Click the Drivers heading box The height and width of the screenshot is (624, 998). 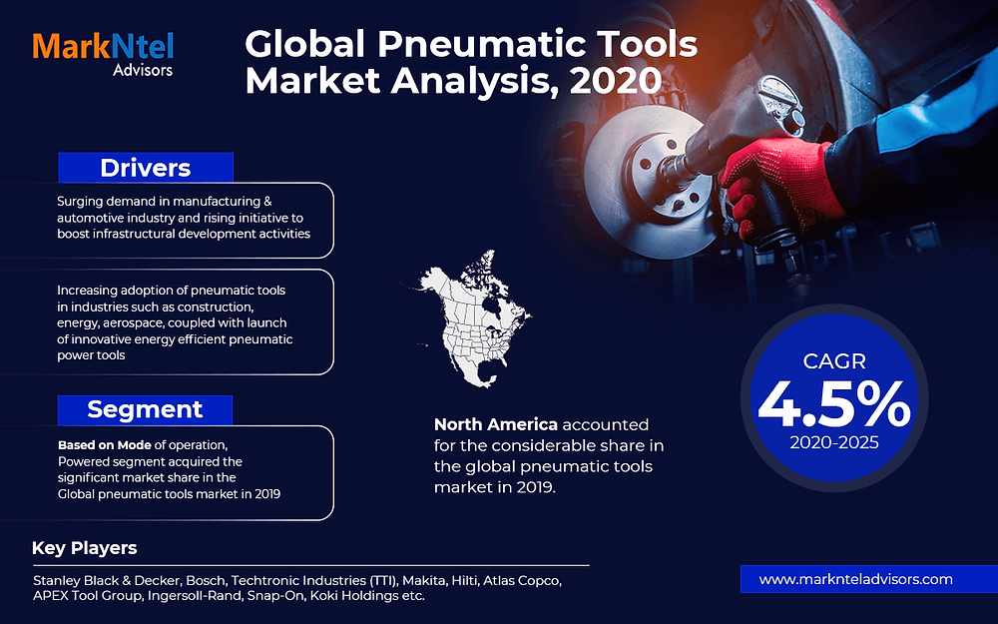(x=145, y=167)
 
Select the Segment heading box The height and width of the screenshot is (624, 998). (x=145, y=409)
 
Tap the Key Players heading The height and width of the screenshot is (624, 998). (x=84, y=548)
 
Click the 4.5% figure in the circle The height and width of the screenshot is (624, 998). (x=833, y=404)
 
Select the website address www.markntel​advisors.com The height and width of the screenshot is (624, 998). (x=855, y=579)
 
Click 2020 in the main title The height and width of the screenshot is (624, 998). (x=615, y=80)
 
